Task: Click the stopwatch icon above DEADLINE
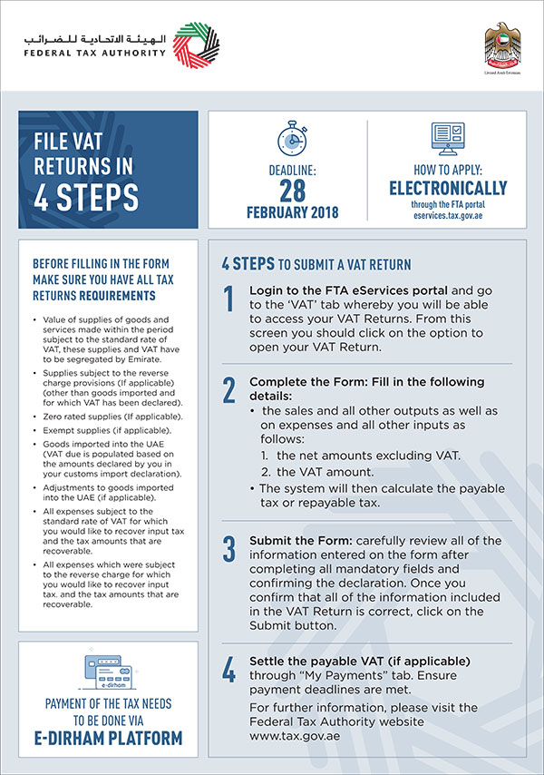click(x=292, y=142)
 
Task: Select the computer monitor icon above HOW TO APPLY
click(x=448, y=140)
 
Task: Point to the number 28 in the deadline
click(x=292, y=190)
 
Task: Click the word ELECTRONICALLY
click(x=448, y=189)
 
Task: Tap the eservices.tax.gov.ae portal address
click(x=448, y=218)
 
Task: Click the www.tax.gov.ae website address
click(x=288, y=735)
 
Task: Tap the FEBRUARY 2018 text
click(x=292, y=213)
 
